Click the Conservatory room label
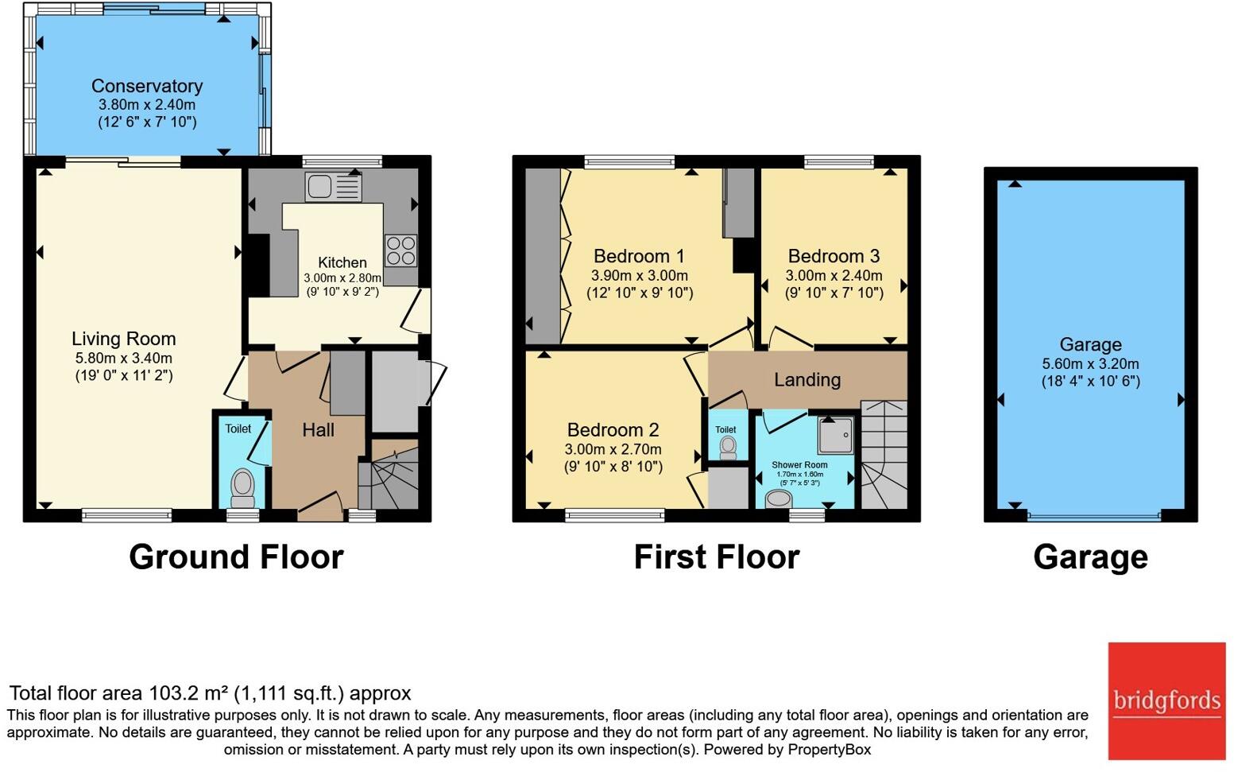pos(147,86)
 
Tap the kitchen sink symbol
pos(333,188)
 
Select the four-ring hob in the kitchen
pos(400,250)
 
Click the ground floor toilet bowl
pos(242,487)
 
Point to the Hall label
pos(318,430)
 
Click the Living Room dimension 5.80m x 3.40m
pos(124,358)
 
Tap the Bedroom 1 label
pos(639,256)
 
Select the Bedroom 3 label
pos(834,256)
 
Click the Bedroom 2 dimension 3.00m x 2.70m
pos(613,449)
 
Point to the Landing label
pos(807,380)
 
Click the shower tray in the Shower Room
pos(836,436)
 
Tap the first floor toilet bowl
pos(728,448)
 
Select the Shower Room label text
pos(799,465)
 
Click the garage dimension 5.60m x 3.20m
pos(1091,363)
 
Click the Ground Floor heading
pos(236,557)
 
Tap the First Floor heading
pos(717,557)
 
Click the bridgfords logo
pos(1166,701)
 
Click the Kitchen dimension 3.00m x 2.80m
pos(342,278)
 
